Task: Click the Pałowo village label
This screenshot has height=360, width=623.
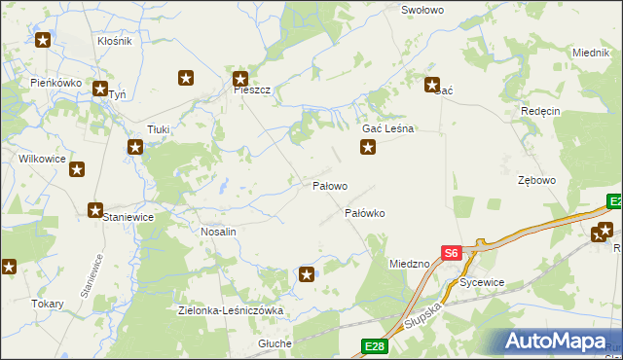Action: (x=329, y=186)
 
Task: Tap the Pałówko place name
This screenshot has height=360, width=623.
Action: (x=366, y=212)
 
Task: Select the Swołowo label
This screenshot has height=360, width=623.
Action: (x=422, y=10)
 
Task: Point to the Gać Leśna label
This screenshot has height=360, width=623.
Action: (x=388, y=128)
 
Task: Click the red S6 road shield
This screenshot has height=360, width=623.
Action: (x=450, y=253)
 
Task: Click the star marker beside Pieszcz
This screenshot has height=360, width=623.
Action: (x=239, y=79)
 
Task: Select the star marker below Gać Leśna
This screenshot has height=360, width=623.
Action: (x=368, y=148)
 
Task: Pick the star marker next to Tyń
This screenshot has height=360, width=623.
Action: (x=100, y=89)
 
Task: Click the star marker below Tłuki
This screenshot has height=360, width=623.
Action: (x=135, y=148)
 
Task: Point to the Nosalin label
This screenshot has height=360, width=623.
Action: (x=218, y=233)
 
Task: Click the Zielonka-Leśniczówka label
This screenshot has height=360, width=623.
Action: (x=231, y=311)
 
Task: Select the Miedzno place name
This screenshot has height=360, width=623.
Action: (x=409, y=264)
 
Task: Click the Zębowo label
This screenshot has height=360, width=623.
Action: (x=536, y=181)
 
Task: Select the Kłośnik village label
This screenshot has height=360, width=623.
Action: (x=115, y=42)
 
